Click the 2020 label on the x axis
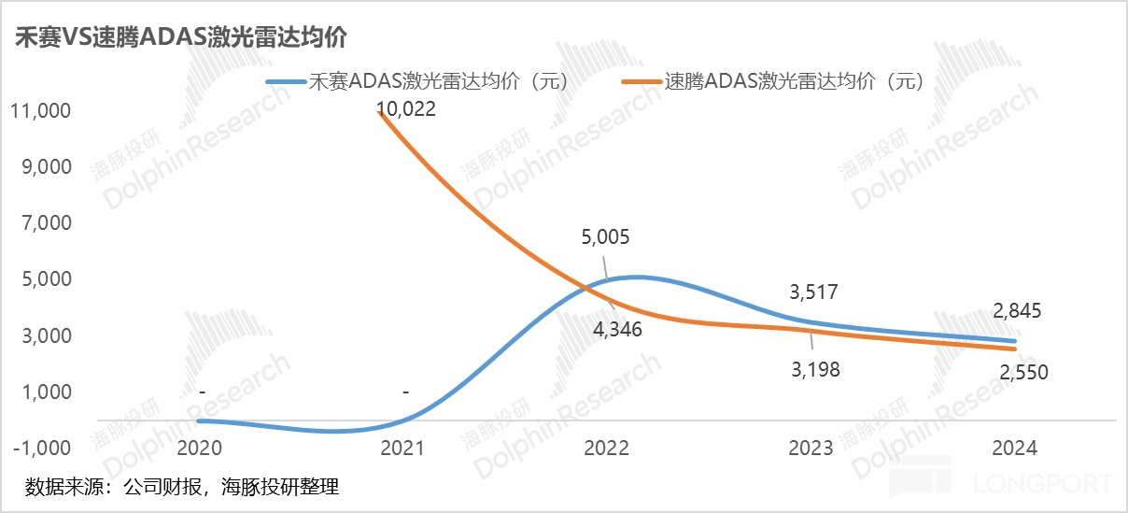[x=202, y=449]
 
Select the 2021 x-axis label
[x=404, y=449]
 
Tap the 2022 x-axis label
[x=607, y=449]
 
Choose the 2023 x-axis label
[x=810, y=449]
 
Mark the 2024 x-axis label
[x=1012, y=449]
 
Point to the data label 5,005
[x=604, y=237]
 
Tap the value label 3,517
[x=814, y=292]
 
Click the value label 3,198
[x=814, y=369]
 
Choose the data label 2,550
[x=1022, y=372]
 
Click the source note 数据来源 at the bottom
[x=181, y=487]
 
